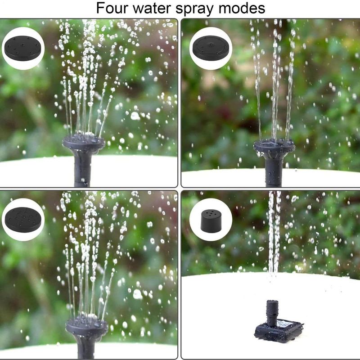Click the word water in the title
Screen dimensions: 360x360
coord(152,9)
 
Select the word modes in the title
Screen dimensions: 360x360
coord(242,8)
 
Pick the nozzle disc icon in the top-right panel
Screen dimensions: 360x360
coord(211,48)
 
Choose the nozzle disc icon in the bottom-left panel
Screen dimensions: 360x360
coord(23,220)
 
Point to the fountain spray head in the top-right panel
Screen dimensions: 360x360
coord(274,147)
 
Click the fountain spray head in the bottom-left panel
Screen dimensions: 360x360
coord(86,324)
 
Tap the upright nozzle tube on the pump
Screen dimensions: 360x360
coord(273,313)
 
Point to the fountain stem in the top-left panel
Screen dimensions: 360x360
coord(81,167)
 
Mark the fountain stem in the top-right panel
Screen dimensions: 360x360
coord(274,171)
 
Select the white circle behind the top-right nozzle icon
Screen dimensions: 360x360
coord(211,49)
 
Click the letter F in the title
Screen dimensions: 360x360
coord(100,8)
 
